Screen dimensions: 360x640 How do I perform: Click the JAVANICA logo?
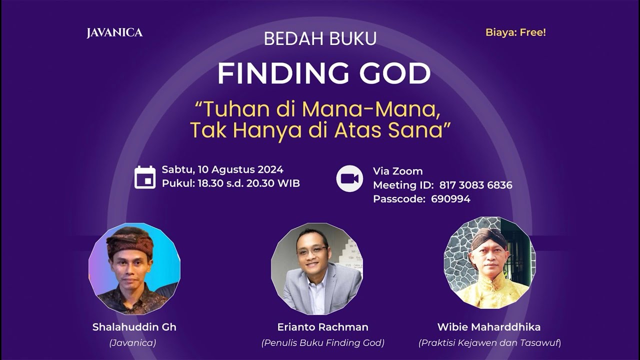pyautogui.click(x=114, y=33)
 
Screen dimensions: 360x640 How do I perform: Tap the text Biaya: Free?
pyautogui.click(x=515, y=32)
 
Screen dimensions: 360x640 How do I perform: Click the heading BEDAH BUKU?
pyautogui.click(x=320, y=39)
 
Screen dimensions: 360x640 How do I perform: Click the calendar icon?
pyautogui.click(x=145, y=177)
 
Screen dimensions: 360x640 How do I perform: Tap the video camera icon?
pyautogui.click(x=349, y=178)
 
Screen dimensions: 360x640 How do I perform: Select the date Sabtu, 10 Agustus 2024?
pyautogui.click(x=222, y=170)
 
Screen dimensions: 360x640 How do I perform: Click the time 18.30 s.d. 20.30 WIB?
pyautogui.click(x=248, y=183)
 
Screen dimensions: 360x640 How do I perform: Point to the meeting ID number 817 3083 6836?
pyautogui.click(x=475, y=185)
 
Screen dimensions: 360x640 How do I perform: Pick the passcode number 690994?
pyautogui.click(x=450, y=199)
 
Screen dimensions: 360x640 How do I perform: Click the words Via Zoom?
pyautogui.click(x=397, y=171)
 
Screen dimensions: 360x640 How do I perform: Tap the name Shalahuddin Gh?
pyautogui.click(x=134, y=327)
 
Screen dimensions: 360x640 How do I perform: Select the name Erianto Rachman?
pyautogui.click(x=322, y=327)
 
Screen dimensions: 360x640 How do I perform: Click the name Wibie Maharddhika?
pyautogui.click(x=489, y=327)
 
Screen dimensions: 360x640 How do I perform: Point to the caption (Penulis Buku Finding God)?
pyautogui.click(x=322, y=343)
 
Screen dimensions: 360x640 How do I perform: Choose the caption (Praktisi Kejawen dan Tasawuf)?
pyautogui.click(x=489, y=343)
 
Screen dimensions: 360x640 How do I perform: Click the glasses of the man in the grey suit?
pyautogui.click(x=312, y=250)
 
